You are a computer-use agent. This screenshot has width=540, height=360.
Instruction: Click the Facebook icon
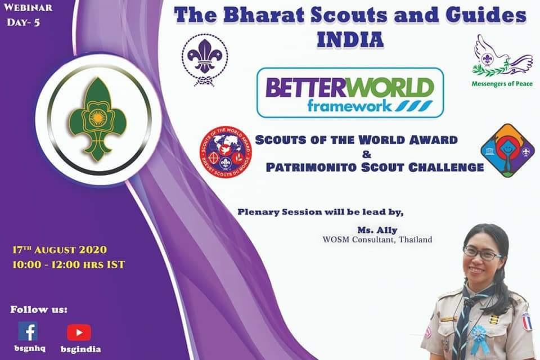[x=28, y=331]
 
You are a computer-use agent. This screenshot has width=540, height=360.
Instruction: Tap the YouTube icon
[x=79, y=332]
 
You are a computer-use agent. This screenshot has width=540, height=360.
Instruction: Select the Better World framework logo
[x=350, y=92]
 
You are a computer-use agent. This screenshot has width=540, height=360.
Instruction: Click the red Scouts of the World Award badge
[x=226, y=149]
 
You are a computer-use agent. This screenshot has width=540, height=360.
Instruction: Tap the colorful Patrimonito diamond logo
[x=507, y=150]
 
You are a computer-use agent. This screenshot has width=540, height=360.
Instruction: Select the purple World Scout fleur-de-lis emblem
[x=205, y=59]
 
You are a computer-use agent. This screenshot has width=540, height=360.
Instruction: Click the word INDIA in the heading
[x=350, y=40]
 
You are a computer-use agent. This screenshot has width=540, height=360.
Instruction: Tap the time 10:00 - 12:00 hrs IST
[x=68, y=264]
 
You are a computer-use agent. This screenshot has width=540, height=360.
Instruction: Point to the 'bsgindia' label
[x=80, y=349]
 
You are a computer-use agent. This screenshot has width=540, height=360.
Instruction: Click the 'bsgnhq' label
[x=28, y=349]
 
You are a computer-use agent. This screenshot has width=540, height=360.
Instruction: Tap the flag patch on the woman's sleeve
[x=526, y=322]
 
